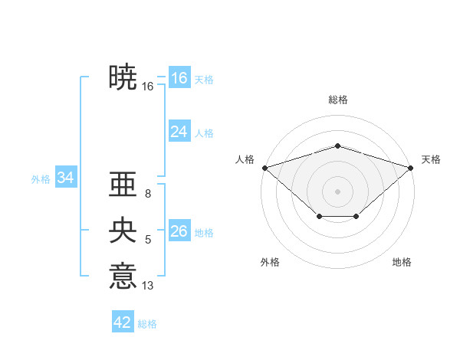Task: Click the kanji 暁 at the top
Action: tap(123, 77)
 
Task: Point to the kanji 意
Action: tap(123, 275)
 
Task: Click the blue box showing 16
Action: tap(179, 78)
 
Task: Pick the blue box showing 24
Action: tap(179, 132)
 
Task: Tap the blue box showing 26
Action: tap(179, 231)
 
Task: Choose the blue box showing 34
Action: tap(65, 178)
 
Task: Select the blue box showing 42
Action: tap(123, 322)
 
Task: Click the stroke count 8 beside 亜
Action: tap(147, 195)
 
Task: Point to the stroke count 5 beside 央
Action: tap(147, 240)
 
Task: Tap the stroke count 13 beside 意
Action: tap(147, 286)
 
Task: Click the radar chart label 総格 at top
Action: tap(338, 100)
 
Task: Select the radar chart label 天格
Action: tap(431, 159)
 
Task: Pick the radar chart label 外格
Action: tap(270, 262)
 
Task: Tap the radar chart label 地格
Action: tap(402, 262)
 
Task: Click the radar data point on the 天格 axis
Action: tap(411, 167)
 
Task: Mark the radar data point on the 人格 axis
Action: tap(264, 167)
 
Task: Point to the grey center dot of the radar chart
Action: tap(338, 191)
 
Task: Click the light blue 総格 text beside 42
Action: tap(147, 324)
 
